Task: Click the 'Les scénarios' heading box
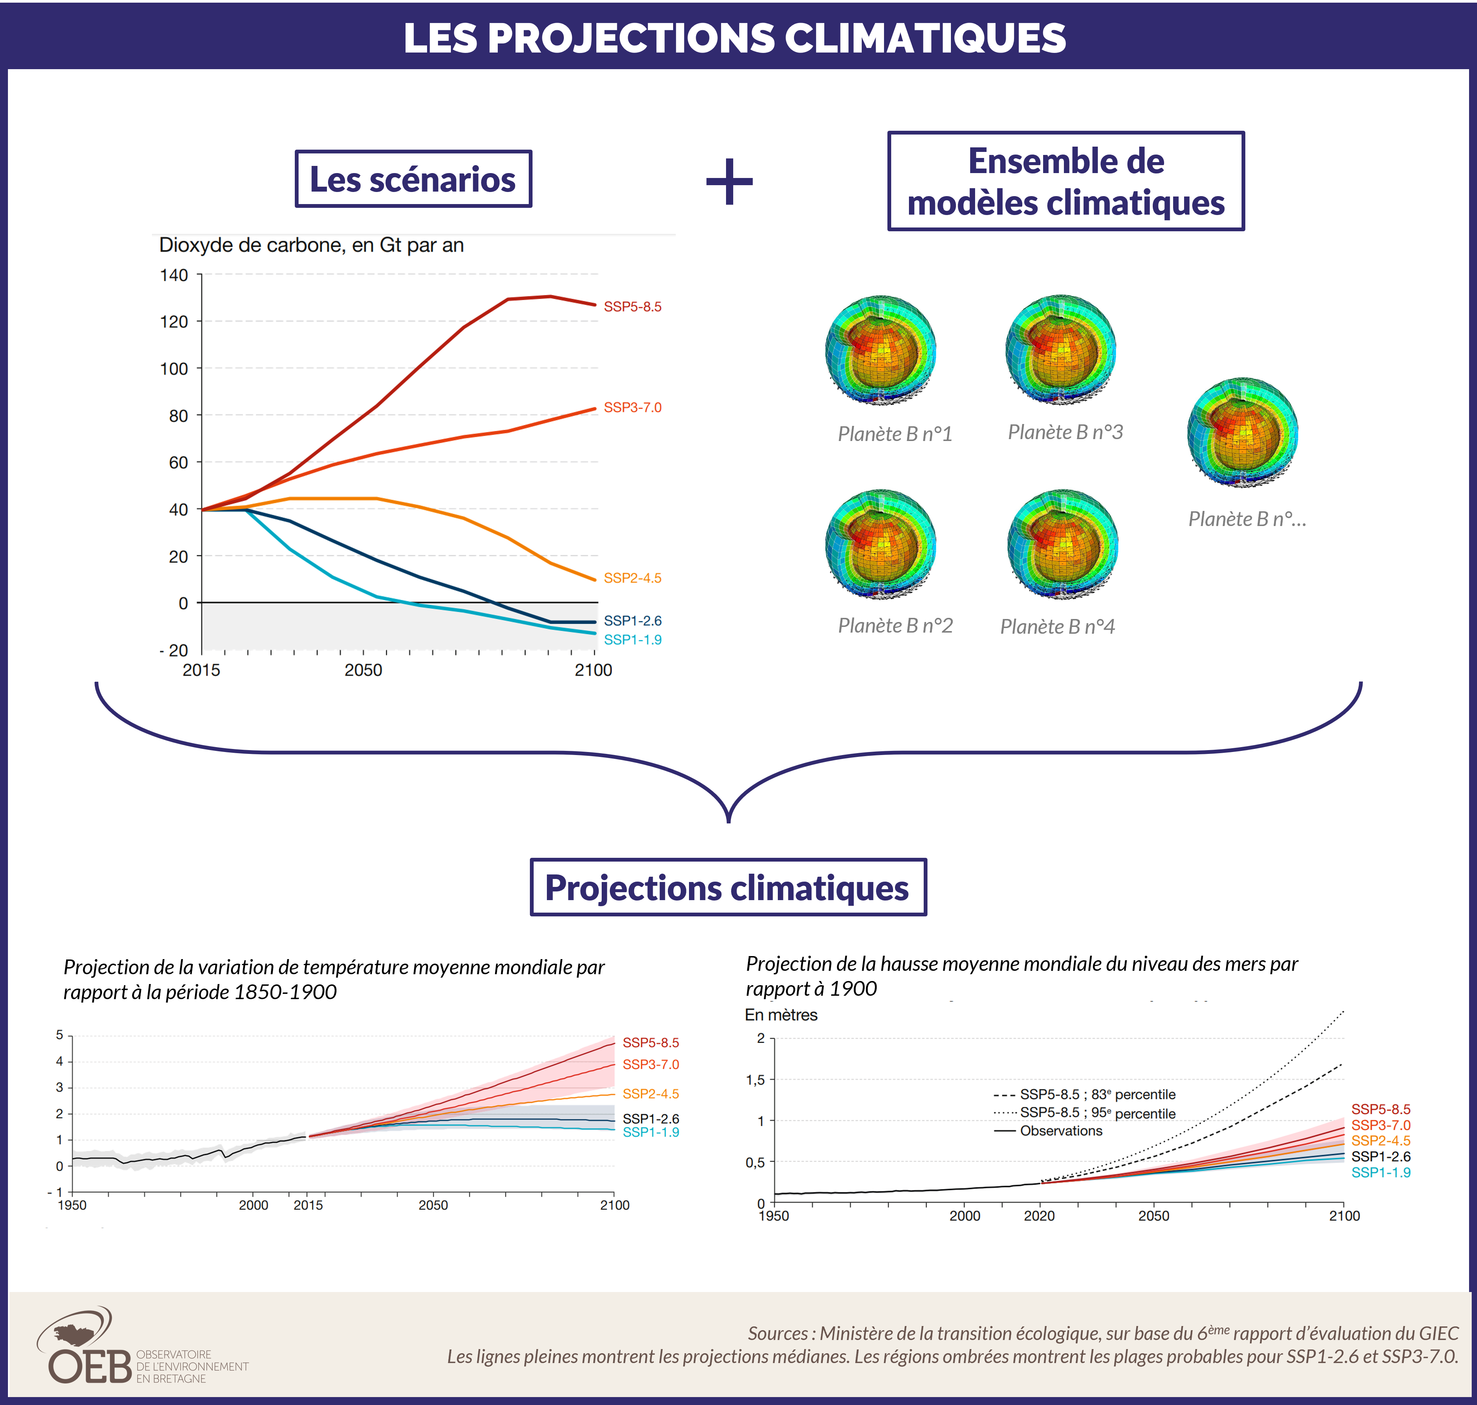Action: pyautogui.click(x=413, y=179)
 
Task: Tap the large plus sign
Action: pyautogui.click(x=729, y=181)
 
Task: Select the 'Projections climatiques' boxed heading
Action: pyautogui.click(x=727, y=888)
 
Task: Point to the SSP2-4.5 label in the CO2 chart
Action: pyautogui.click(x=632, y=578)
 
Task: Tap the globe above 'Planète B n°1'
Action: pyautogui.click(x=880, y=350)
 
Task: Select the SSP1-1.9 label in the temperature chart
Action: pyautogui.click(x=650, y=1133)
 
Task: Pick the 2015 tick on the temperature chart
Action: pyautogui.click(x=308, y=1205)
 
